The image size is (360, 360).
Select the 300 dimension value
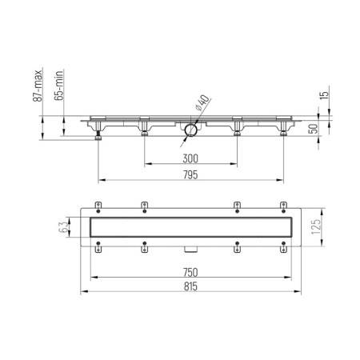point(190,158)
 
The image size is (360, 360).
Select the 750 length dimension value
point(190,272)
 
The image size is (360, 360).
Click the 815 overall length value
point(190,287)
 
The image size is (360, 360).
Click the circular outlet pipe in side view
point(190,129)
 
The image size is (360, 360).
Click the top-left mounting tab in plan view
point(98,206)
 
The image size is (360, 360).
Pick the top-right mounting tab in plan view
point(282,206)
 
